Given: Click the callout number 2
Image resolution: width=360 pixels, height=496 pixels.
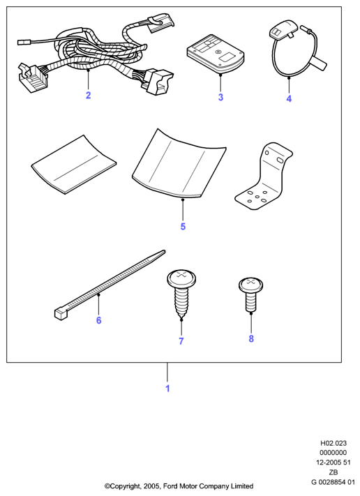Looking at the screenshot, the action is (x=89, y=95).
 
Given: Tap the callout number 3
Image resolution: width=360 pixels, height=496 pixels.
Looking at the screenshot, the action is (x=220, y=97).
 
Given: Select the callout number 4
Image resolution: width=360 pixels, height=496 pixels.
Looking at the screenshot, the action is (x=289, y=98).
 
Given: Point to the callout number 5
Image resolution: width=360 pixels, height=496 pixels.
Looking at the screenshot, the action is (x=183, y=227).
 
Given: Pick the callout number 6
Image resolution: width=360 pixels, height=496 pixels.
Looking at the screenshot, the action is (x=98, y=320).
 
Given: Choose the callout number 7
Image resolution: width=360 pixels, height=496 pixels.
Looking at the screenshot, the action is (x=181, y=341).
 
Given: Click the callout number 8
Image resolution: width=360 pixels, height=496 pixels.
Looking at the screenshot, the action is (x=251, y=339).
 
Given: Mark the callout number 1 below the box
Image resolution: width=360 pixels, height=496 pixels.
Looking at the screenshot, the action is (x=167, y=389).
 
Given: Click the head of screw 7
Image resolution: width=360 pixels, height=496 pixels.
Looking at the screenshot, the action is (x=182, y=279).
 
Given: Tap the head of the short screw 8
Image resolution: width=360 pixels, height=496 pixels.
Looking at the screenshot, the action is (x=251, y=285).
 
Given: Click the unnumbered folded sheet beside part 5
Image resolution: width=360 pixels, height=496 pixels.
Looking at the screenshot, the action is (x=74, y=165).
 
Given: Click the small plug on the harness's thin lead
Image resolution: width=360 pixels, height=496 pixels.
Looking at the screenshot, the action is (x=24, y=41).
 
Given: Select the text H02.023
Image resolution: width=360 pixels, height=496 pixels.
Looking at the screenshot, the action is (x=333, y=443).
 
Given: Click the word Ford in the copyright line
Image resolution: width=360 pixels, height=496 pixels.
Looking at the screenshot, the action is (x=170, y=486).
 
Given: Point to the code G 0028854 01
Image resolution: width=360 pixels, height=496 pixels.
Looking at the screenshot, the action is (x=333, y=482).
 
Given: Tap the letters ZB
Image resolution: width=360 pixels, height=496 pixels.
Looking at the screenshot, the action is (x=333, y=472).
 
